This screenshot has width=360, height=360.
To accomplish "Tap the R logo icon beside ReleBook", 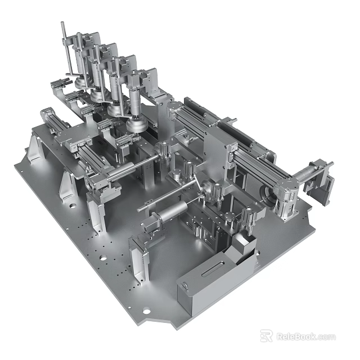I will (267, 336).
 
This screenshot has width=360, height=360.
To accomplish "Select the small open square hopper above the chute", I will (242, 246).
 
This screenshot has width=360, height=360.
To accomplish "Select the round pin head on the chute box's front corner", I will (184, 287).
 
